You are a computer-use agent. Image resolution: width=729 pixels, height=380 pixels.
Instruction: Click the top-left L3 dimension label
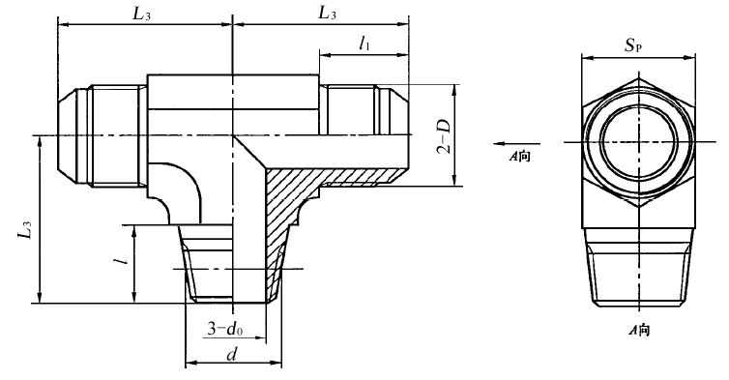click(x=142, y=14)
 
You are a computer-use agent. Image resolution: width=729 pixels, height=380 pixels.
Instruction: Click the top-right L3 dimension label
click(x=328, y=13)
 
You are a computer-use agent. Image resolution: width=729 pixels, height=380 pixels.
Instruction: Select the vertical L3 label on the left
click(x=25, y=229)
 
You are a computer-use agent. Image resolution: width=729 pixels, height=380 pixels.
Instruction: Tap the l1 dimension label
click(x=364, y=44)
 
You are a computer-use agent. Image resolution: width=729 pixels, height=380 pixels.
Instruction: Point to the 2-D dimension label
click(x=443, y=136)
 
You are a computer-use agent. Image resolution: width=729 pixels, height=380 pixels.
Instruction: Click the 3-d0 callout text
click(x=225, y=330)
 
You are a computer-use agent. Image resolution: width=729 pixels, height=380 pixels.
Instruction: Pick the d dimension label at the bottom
click(x=231, y=355)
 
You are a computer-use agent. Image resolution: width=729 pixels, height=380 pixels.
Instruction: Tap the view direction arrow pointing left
click(x=517, y=143)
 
